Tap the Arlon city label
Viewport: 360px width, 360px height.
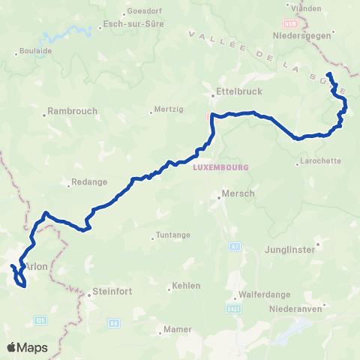coord(37,266)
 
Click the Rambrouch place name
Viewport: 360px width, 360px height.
coord(72,111)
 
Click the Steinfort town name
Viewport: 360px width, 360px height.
coord(112,292)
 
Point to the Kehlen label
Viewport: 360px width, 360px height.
coord(186,286)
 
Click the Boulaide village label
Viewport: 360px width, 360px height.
coord(32,52)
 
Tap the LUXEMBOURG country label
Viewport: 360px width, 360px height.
coord(220,167)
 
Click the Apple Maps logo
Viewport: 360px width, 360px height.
coord(27,346)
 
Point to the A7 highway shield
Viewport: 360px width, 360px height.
coord(234,246)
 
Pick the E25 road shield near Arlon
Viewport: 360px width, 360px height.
coord(40,320)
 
